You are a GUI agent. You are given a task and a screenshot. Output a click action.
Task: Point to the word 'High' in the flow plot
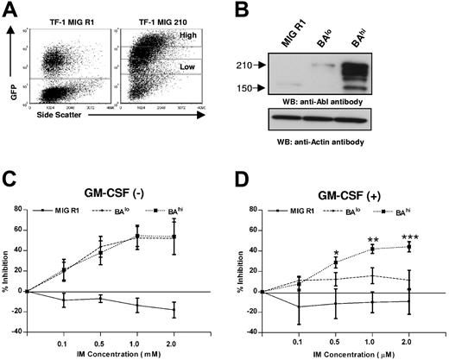(188, 37)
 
